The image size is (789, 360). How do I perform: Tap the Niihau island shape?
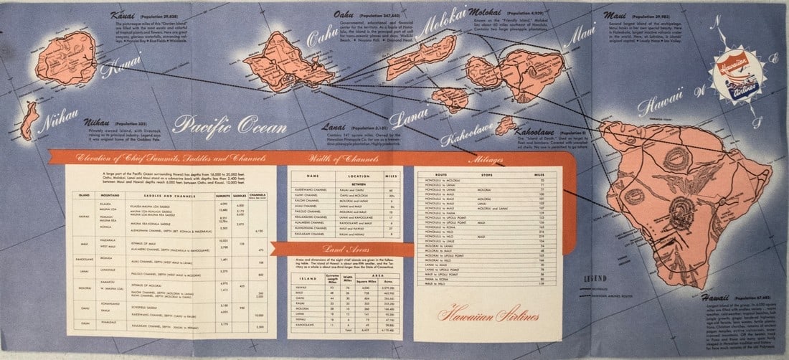[x=29, y=120]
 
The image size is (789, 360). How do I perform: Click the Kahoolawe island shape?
[x=506, y=126]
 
